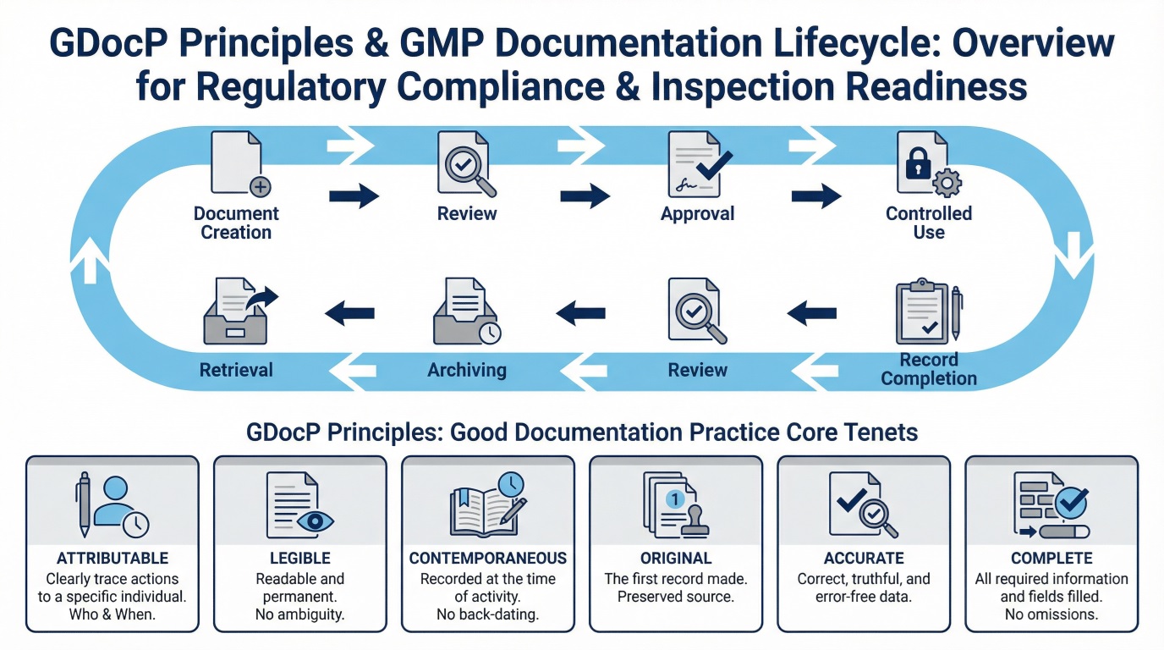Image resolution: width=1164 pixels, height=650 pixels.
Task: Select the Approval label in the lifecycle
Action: pos(698,214)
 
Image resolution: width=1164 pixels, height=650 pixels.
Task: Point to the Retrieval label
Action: pos(236,370)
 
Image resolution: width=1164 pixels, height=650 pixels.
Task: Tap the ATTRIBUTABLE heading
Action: pos(113,559)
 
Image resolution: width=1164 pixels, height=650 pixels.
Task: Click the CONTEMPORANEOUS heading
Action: pos(488,559)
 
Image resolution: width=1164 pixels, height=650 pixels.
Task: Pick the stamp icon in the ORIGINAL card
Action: pos(695,518)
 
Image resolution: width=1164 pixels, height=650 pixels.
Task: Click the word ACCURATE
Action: pos(864,559)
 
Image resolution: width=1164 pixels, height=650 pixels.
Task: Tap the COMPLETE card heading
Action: pos(1051,559)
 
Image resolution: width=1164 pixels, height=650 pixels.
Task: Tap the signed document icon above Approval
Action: pos(695,166)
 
